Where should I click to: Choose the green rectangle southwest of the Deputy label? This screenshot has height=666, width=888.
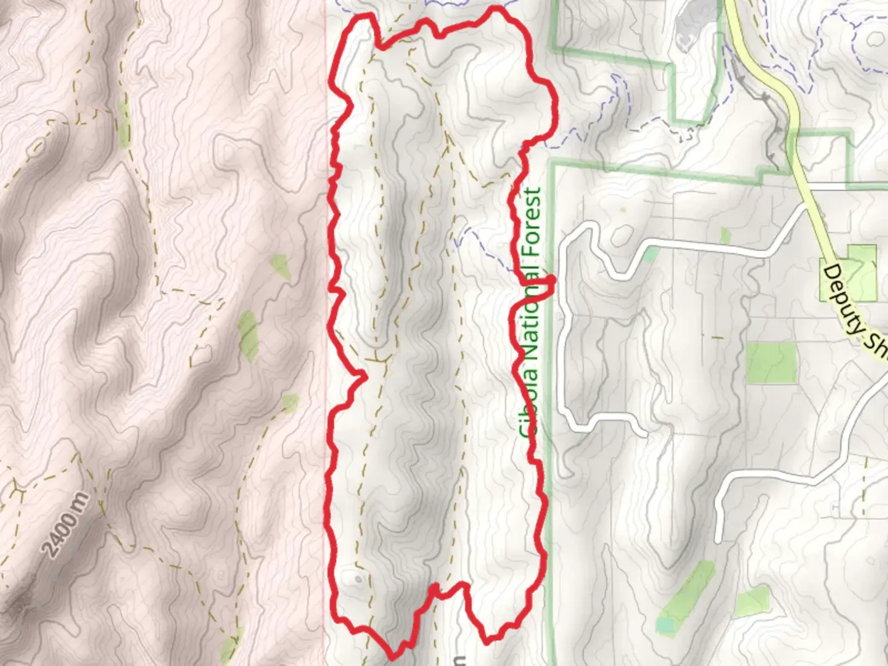point(770,363)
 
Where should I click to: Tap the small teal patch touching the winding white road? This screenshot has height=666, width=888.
point(649,254)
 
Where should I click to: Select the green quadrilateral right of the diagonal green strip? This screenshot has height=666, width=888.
point(752,601)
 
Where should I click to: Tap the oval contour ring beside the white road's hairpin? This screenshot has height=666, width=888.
point(621,234)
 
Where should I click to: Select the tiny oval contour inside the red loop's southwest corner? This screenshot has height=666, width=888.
point(358,580)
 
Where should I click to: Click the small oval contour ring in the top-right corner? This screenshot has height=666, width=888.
point(875,38)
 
